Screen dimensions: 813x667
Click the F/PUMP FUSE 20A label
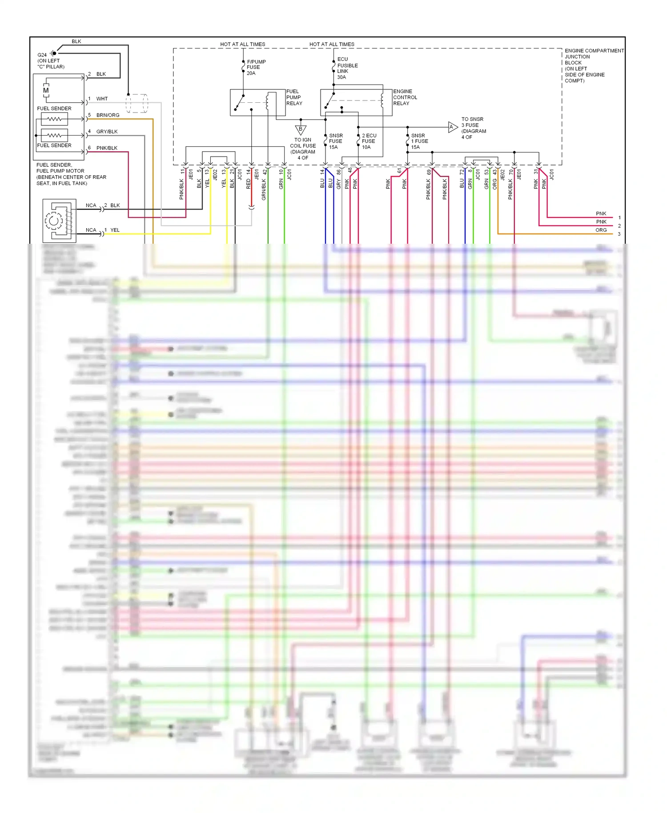(x=256, y=68)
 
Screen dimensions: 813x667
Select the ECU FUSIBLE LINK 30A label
(x=347, y=68)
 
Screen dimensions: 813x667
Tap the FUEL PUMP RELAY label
(x=294, y=97)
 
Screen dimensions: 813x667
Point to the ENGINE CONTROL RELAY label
(x=405, y=97)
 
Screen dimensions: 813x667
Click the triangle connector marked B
(x=301, y=130)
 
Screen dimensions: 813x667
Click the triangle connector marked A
(x=452, y=127)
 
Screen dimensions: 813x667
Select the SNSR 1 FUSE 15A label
(x=419, y=141)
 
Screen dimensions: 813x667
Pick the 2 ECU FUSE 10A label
(x=369, y=141)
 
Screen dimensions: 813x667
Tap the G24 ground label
(x=42, y=55)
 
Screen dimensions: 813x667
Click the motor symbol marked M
(x=46, y=91)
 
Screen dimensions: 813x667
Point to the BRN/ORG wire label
(x=108, y=115)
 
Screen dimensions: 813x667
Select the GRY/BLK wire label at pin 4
(x=107, y=132)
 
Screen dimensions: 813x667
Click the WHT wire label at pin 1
(x=102, y=99)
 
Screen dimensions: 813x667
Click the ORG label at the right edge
(x=601, y=230)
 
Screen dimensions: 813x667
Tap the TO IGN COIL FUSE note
(x=303, y=149)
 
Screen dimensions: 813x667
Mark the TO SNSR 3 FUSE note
(x=473, y=128)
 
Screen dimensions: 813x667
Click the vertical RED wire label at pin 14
(x=249, y=184)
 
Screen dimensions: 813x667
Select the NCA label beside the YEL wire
(x=91, y=230)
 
